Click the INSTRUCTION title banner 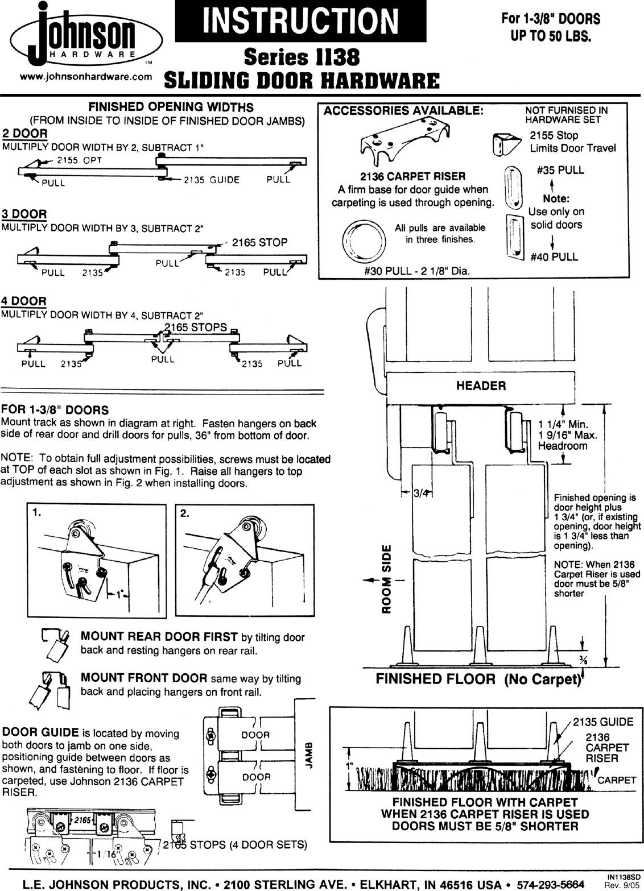click(x=300, y=21)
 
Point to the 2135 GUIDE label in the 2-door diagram click(x=211, y=180)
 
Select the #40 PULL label click(x=554, y=257)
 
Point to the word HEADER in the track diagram click(x=481, y=386)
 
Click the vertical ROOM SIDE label click(x=386, y=579)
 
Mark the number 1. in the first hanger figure click(x=36, y=512)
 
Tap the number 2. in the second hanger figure click(x=184, y=512)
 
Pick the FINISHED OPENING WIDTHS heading click(x=170, y=107)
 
